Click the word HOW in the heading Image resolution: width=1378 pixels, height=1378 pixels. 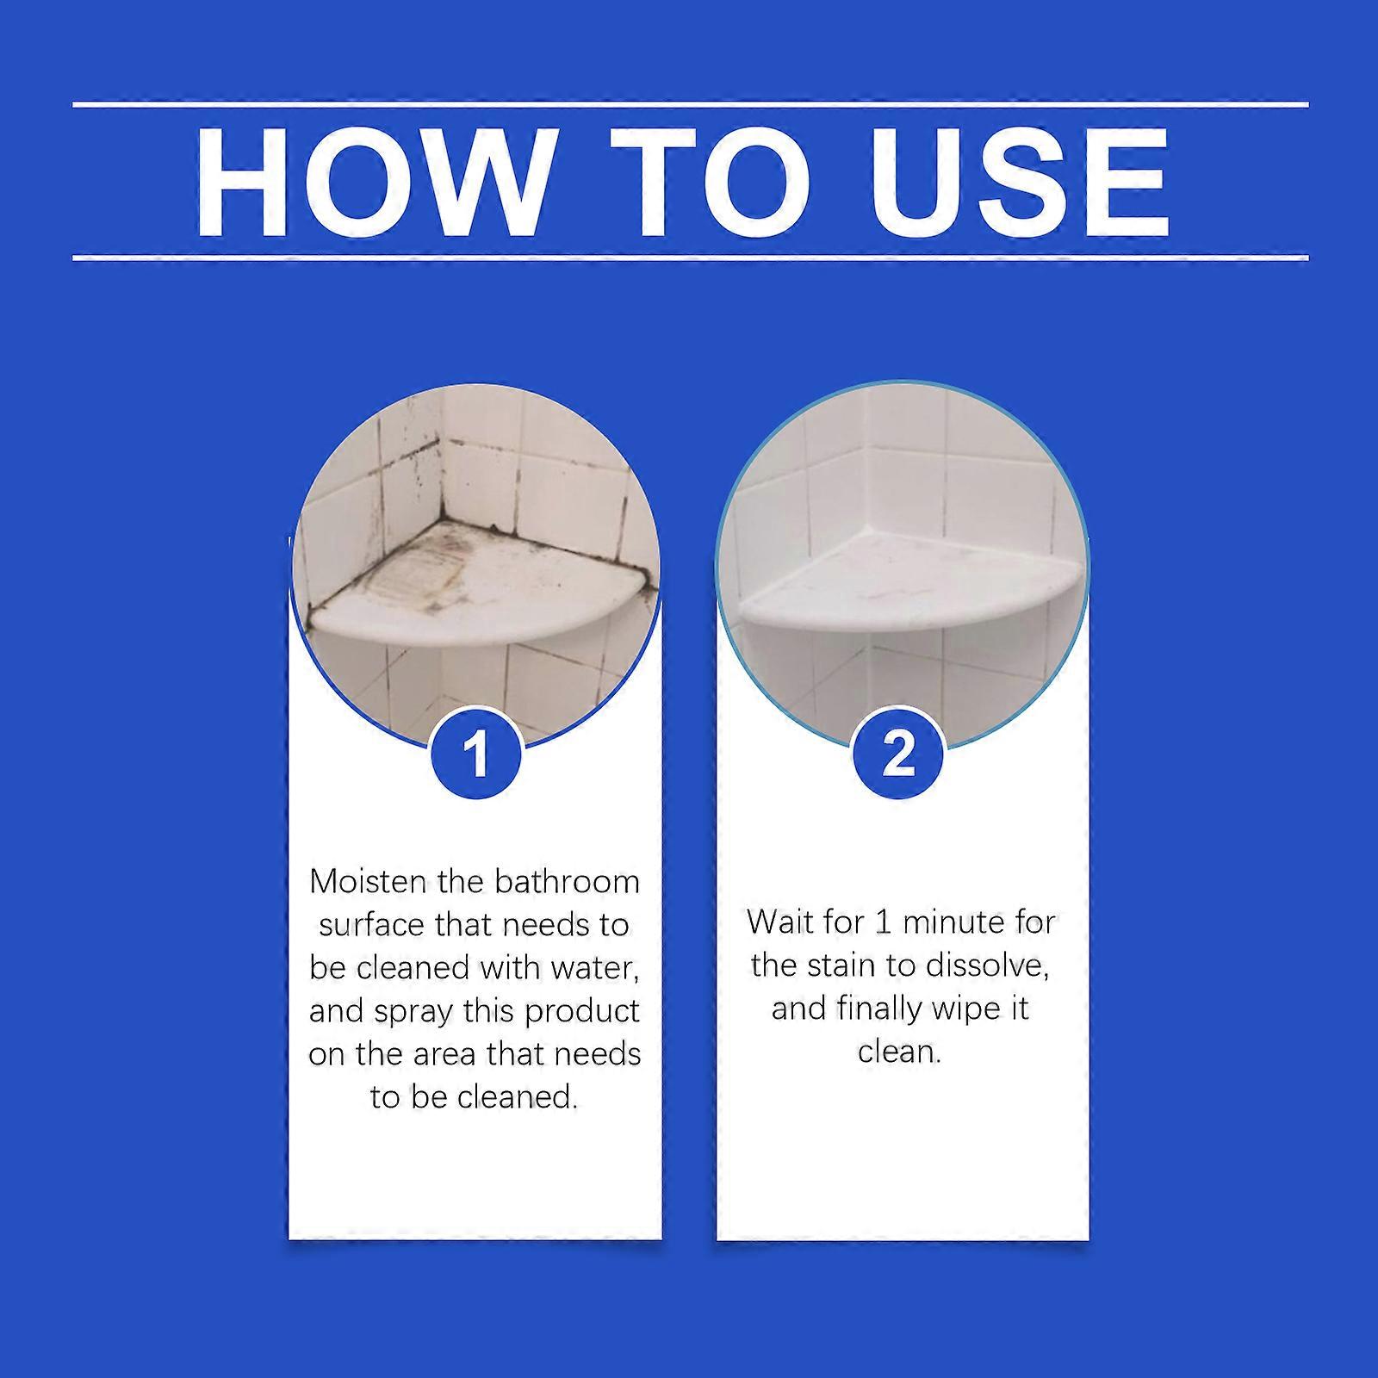coord(371,182)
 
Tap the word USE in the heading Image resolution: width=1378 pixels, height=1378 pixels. coord(1020,182)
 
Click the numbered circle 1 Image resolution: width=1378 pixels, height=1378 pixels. coord(475,754)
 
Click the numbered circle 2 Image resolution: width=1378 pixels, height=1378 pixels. coord(898,754)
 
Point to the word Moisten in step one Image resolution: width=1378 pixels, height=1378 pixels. coord(370,882)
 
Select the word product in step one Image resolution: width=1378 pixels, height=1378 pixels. coord(583,1013)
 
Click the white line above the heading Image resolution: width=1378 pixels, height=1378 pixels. coord(690,105)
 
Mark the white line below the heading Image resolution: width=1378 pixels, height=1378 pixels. coord(690,257)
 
